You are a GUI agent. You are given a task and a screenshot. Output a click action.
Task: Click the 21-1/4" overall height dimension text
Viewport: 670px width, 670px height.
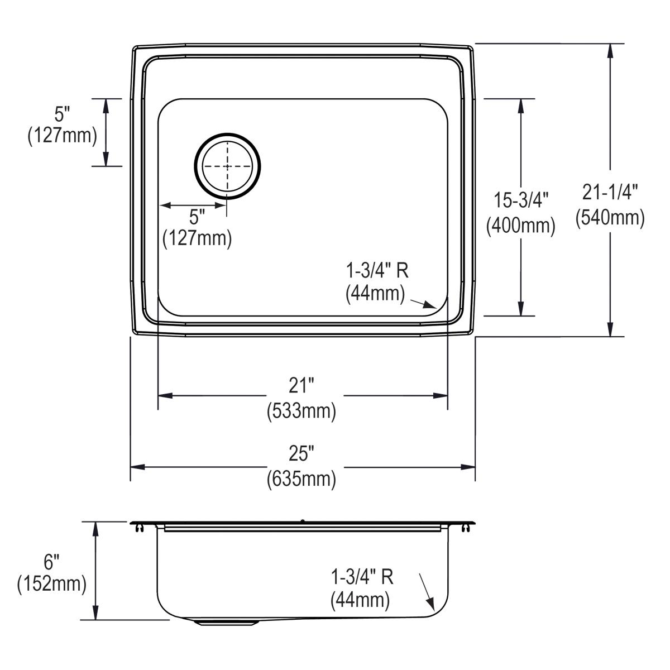click(x=610, y=193)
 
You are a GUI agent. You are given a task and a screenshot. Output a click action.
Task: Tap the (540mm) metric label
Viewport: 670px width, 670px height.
click(x=610, y=217)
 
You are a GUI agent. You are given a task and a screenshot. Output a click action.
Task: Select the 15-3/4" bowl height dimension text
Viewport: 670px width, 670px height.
click(x=521, y=199)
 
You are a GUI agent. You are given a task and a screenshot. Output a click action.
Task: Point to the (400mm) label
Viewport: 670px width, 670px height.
click(x=521, y=225)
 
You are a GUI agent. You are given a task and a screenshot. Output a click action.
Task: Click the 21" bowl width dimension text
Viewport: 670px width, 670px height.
click(x=301, y=386)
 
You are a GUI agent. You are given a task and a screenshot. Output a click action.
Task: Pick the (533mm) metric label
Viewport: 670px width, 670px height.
click(x=301, y=411)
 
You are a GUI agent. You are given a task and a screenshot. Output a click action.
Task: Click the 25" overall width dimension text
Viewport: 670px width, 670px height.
click(x=301, y=454)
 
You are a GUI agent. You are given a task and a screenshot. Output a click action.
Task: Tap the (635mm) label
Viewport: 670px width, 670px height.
click(x=301, y=479)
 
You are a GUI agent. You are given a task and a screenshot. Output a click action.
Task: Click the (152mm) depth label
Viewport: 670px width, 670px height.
click(x=51, y=584)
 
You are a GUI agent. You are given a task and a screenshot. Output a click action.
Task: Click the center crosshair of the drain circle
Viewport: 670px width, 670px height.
click(x=227, y=166)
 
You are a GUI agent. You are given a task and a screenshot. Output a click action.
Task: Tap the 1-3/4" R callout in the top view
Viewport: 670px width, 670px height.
click(x=377, y=271)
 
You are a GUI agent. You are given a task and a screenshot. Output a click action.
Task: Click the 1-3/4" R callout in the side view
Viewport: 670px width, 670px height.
click(x=362, y=577)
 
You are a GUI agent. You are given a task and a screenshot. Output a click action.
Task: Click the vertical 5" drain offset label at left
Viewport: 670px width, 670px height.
click(x=62, y=114)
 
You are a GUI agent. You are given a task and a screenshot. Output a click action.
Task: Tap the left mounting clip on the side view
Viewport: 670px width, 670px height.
click(x=138, y=528)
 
